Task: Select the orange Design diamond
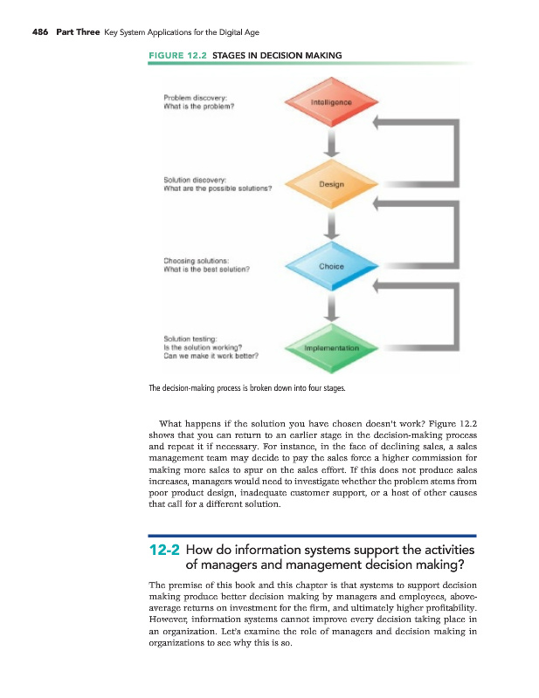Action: pos(331,184)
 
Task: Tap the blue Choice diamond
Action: pos(331,265)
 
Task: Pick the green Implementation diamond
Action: pos(330,347)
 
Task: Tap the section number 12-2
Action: pos(164,551)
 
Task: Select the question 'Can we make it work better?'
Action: pos(210,355)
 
